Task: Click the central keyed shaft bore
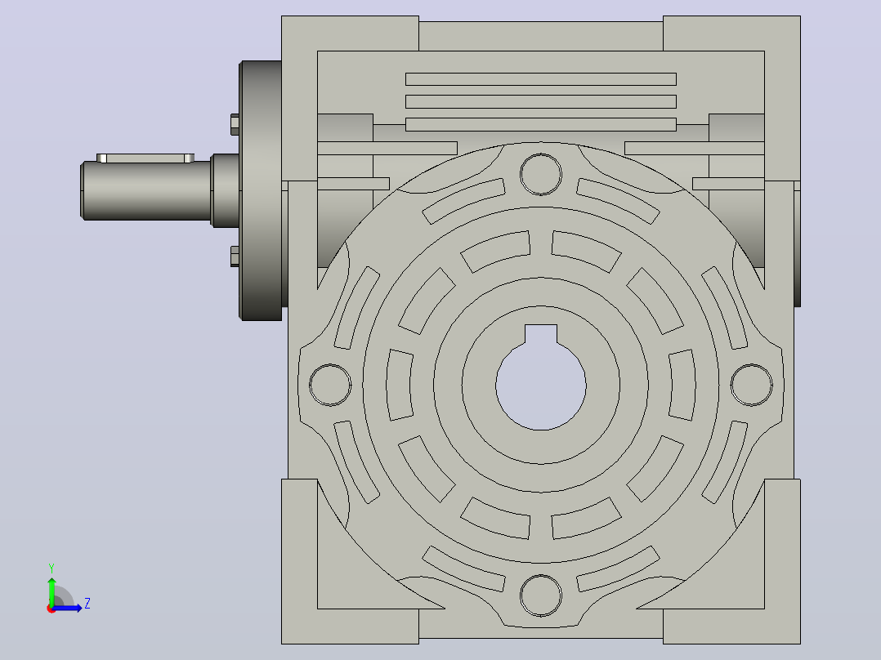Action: [540, 386]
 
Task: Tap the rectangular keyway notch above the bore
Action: [541, 333]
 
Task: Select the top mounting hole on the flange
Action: [540, 174]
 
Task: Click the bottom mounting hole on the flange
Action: [540, 595]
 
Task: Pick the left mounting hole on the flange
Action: [330, 385]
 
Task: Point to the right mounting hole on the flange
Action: [752, 385]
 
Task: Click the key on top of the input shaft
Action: [145, 158]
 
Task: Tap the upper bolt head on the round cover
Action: [235, 125]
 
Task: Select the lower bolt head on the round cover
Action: [235, 256]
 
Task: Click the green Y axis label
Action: [51, 569]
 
